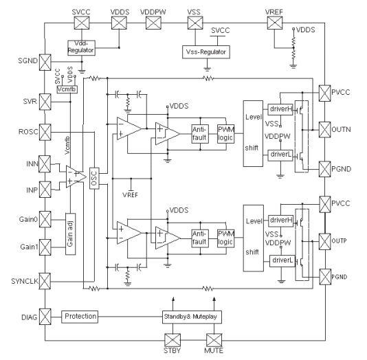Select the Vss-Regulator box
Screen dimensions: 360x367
pos(206,52)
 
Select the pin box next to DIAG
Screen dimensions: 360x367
pos(46,317)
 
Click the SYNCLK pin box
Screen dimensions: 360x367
pos(46,280)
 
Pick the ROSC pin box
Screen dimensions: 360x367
pos(46,131)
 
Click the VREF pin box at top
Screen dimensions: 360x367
pos(274,23)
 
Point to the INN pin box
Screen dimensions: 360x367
pos(46,163)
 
